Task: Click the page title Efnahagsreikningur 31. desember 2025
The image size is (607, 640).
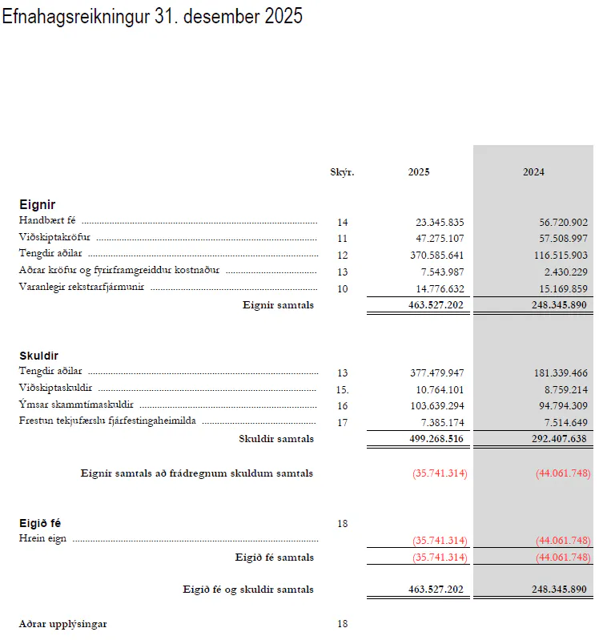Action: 152,17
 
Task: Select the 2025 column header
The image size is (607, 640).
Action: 418,172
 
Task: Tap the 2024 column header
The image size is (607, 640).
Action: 533,172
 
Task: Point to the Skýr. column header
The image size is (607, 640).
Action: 342,172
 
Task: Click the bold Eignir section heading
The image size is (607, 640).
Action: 37,205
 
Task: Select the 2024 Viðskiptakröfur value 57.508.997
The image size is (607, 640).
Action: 564,239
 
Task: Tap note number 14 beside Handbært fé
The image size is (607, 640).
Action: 343,222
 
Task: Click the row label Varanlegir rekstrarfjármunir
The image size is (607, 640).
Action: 81,288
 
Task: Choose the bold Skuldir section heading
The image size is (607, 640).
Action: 38,356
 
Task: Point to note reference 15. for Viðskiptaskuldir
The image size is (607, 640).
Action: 343,388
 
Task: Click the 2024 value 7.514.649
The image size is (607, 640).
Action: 566,421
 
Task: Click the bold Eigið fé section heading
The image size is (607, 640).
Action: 40,524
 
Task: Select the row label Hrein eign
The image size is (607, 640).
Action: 42,540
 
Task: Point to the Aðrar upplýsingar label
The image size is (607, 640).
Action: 62,623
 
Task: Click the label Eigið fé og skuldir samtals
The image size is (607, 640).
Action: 248,590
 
